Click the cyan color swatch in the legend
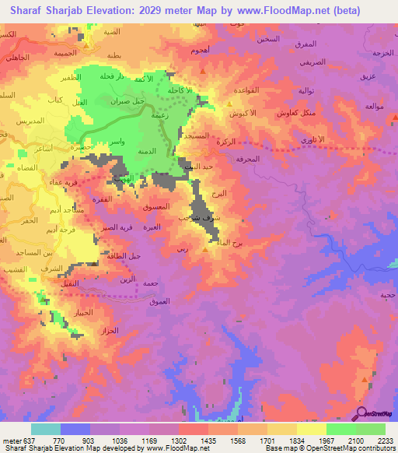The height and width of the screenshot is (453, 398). tap(46, 429)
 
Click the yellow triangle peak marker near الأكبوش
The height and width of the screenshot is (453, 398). tap(229, 103)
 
